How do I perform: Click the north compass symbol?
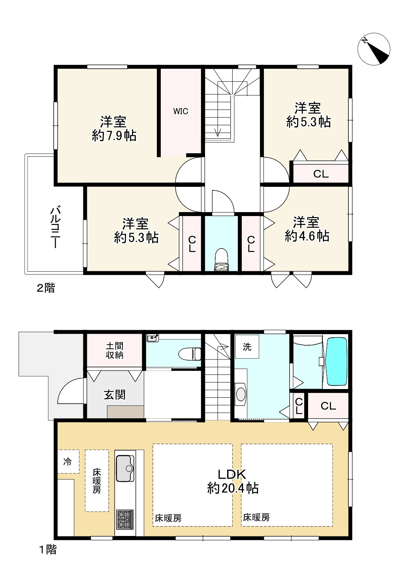(x=374, y=49)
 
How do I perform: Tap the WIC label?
(x=181, y=111)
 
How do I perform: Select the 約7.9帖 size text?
(x=114, y=135)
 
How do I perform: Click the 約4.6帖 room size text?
(x=307, y=236)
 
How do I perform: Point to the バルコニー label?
(x=55, y=227)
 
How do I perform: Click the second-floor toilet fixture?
(x=221, y=260)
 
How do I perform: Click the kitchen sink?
(x=125, y=468)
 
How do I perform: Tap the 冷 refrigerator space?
(x=68, y=462)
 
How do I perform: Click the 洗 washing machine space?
(x=247, y=347)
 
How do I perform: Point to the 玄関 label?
(x=115, y=395)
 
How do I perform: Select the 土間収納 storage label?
(x=115, y=350)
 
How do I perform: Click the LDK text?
(x=232, y=474)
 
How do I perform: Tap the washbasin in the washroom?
(x=241, y=394)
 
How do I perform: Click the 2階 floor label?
(x=46, y=288)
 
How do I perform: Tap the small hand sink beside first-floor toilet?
(x=153, y=338)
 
